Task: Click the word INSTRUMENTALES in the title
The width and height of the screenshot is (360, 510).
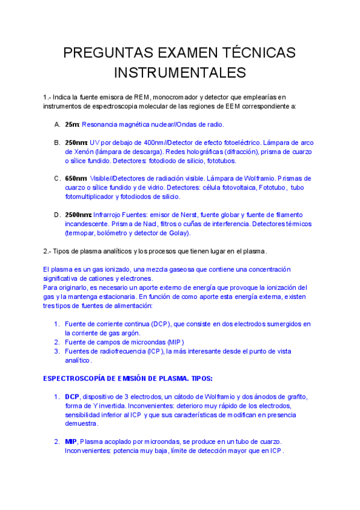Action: [x=180, y=73]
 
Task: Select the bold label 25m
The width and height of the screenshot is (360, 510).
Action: [x=72, y=124]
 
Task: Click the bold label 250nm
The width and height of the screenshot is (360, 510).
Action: [x=76, y=143]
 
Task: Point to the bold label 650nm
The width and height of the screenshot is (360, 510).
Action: [x=76, y=179]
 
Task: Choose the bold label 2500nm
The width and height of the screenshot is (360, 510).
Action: [x=78, y=215]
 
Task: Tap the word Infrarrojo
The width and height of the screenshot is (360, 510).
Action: [x=109, y=215]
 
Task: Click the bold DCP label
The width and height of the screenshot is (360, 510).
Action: [x=72, y=397]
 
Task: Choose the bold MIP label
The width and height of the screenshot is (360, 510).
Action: [x=71, y=442]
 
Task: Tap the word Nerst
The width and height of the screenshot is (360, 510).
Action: [x=178, y=215]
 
